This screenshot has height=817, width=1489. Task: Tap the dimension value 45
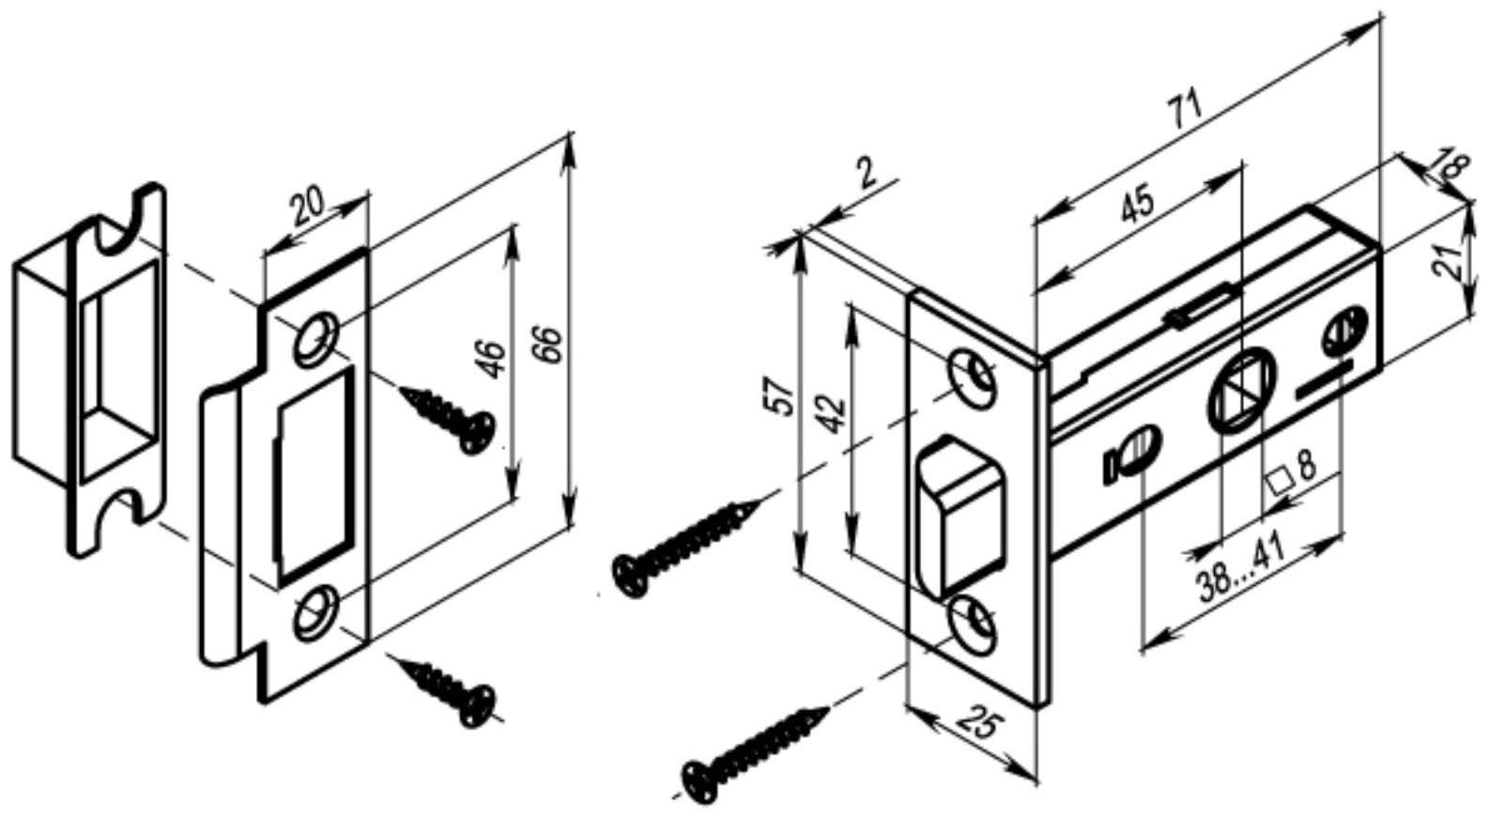point(1138,205)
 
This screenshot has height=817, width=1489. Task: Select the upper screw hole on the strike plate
point(316,338)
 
